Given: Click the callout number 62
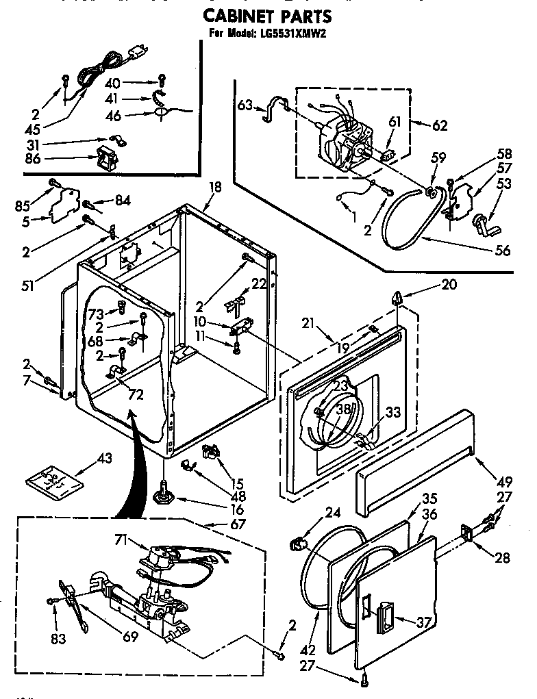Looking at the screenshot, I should pyautogui.click(x=439, y=125).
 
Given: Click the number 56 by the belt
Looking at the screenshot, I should pyautogui.click(x=502, y=251).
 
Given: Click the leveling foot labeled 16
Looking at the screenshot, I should pyautogui.click(x=165, y=492).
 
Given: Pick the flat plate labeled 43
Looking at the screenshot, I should pyautogui.click(x=54, y=480).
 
